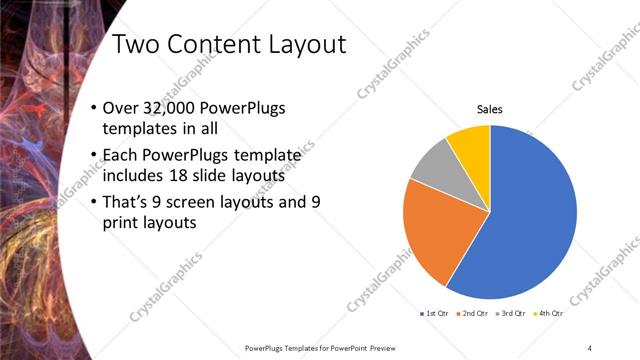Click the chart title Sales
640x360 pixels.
[489, 109]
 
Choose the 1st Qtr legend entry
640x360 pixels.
[435, 314]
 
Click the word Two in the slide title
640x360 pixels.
[137, 44]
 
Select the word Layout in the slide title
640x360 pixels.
[304, 44]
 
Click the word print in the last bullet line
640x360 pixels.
[124, 222]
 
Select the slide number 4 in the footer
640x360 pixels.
[589, 347]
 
